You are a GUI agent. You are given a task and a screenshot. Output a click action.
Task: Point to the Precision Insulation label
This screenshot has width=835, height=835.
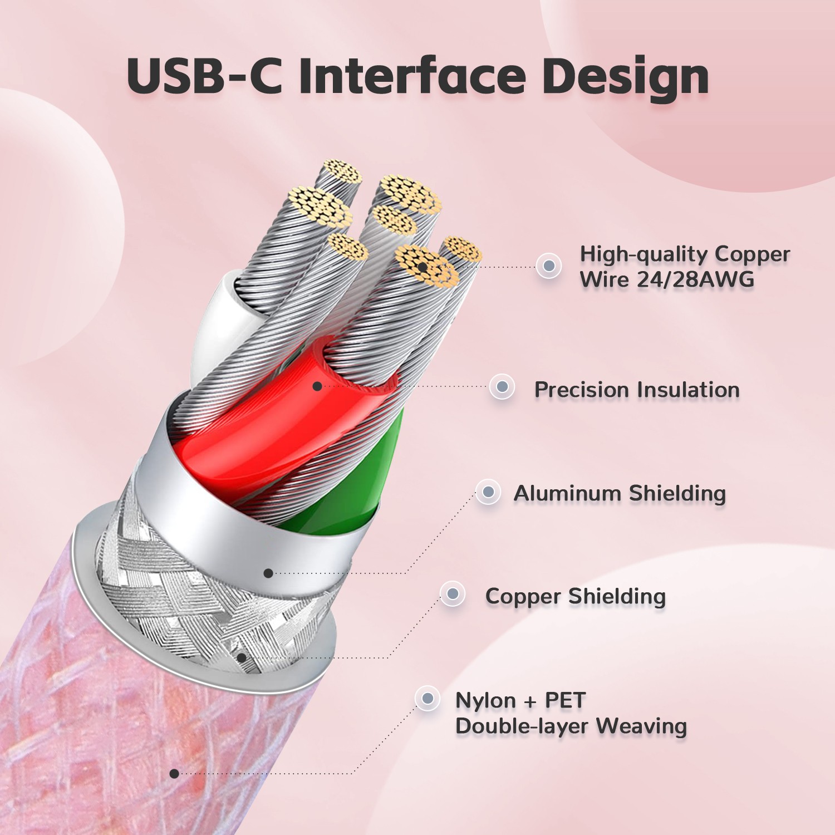coord(637,390)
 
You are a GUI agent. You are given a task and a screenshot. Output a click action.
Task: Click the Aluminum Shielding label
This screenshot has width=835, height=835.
coord(620,494)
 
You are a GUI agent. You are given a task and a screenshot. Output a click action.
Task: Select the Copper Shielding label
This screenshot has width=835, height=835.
coord(576,597)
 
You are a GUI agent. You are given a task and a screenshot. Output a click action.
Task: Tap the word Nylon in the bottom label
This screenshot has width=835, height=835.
coord(485,701)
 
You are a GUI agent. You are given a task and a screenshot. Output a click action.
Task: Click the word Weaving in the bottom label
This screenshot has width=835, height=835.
coord(641,726)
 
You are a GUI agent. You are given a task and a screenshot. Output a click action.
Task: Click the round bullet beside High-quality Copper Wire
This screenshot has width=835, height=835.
coord(549,266)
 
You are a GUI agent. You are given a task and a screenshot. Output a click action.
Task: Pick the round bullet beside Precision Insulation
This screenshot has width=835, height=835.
coord(502,386)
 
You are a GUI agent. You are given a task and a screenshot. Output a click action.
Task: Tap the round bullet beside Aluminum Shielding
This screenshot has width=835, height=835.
coord(488,492)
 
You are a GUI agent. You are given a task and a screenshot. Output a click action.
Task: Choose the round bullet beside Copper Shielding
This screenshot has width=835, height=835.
coord(453,594)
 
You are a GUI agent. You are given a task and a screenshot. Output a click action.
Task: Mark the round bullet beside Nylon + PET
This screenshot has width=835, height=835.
coord(428,698)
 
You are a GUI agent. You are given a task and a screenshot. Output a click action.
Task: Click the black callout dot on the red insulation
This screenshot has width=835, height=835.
coord(317,386)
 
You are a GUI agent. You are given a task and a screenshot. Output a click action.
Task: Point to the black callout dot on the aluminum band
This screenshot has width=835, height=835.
coord(268,573)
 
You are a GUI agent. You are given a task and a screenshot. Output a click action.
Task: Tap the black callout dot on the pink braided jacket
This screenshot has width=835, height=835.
coord(174,773)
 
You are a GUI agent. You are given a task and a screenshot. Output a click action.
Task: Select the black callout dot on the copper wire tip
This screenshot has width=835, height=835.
coord(423,267)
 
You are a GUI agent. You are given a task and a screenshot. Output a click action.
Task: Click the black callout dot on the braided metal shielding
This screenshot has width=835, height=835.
coord(242,657)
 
